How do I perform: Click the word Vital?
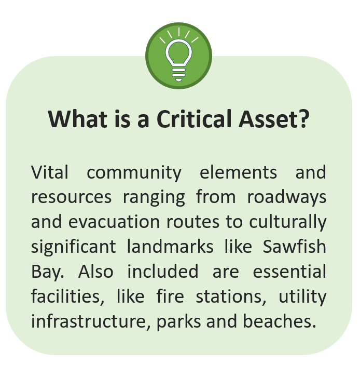[x=49, y=172]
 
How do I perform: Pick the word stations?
[x=229, y=296]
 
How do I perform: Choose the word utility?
[x=302, y=296]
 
